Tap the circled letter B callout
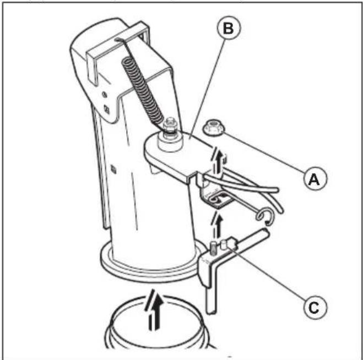(229, 28)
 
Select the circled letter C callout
(315, 308)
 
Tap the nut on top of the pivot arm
(170, 127)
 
